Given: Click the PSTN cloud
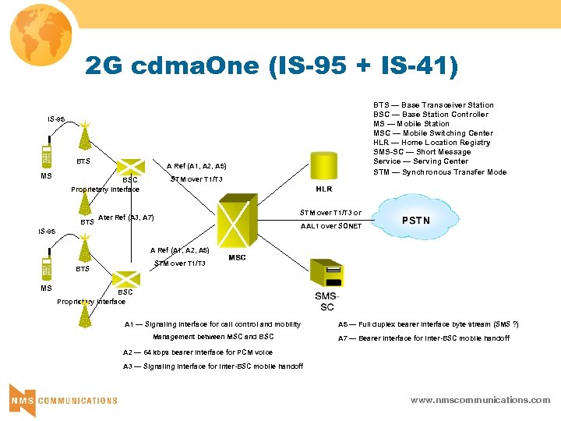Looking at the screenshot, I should coord(415,221).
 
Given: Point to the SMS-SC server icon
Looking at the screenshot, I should coord(326,274).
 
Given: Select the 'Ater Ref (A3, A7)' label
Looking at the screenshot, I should coord(126,218).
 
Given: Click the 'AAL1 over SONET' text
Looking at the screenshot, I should coord(331,226).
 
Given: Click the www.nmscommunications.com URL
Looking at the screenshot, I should coord(480,400).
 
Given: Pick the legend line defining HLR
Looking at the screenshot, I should coord(432,143).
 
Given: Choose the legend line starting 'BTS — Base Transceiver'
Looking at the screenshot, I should coord(433,105).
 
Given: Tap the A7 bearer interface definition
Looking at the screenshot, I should coord(423,338).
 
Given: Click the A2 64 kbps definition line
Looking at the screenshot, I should coord(198,352).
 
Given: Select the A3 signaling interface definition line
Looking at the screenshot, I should coord(213,366).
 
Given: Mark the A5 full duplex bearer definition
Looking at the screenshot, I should coord(428,324).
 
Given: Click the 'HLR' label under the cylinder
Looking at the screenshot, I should coord(324,189).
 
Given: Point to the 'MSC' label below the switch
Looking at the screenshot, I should coord(237,258).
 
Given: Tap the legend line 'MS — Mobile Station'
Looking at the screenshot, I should coord(411,124).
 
